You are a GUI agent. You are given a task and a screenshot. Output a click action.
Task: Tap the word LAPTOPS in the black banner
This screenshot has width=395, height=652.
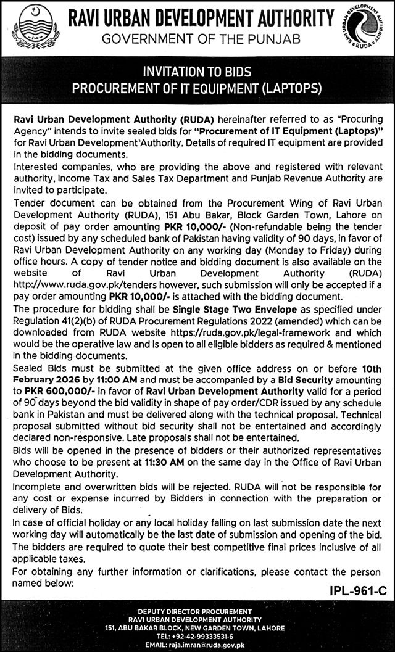click(288, 88)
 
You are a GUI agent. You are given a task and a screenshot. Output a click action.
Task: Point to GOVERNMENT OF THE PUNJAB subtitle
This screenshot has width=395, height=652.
click(201, 39)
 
